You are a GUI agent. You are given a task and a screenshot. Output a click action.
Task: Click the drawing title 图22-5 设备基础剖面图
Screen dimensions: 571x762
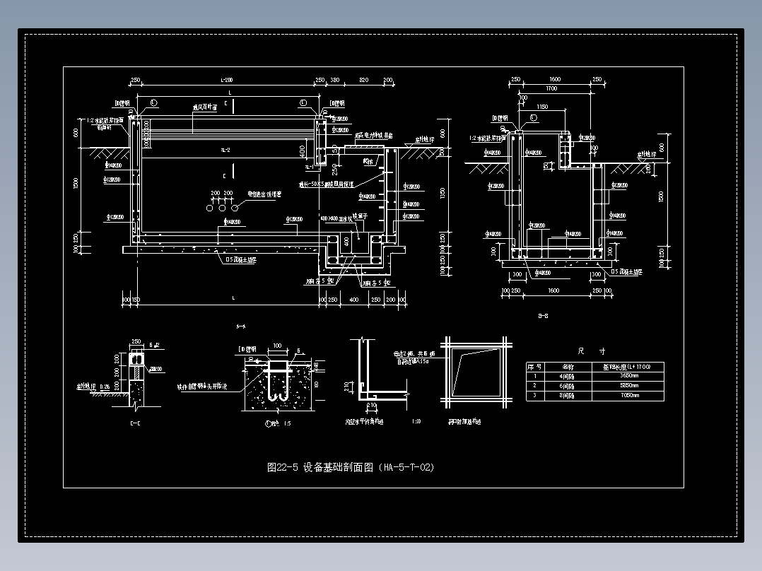(x=351, y=468)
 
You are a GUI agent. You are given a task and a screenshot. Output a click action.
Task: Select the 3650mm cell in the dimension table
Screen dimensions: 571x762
(x=629, y=376)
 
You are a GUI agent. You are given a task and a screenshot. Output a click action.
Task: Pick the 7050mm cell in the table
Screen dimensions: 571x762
(x=629, y=395)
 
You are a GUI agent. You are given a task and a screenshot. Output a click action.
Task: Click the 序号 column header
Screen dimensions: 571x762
(x=534, y=367)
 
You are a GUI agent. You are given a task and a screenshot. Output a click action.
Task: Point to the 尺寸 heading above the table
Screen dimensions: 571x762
(x=591, y=351)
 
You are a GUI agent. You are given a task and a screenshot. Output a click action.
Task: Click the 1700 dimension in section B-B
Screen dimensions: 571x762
(x=551, y=89)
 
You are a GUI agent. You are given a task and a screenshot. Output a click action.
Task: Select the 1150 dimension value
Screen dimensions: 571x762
(x=542, y=107)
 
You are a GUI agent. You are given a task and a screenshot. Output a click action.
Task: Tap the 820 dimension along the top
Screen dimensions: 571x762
(x=363, y=81)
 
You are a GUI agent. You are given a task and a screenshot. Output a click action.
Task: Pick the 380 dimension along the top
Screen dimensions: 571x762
(x=335, y=81)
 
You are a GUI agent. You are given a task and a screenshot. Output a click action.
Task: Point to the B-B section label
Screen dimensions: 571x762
(x=544, y=317)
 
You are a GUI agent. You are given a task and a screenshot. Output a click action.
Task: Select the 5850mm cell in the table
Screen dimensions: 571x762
(x=629, y=386)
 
